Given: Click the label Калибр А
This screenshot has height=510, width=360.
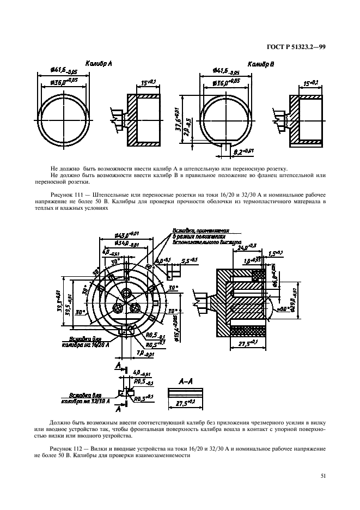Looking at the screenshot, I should point(99,64).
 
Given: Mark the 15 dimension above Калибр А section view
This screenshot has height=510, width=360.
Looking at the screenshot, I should point(147,82).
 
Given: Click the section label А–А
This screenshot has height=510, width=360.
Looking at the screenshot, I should point(186,381).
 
